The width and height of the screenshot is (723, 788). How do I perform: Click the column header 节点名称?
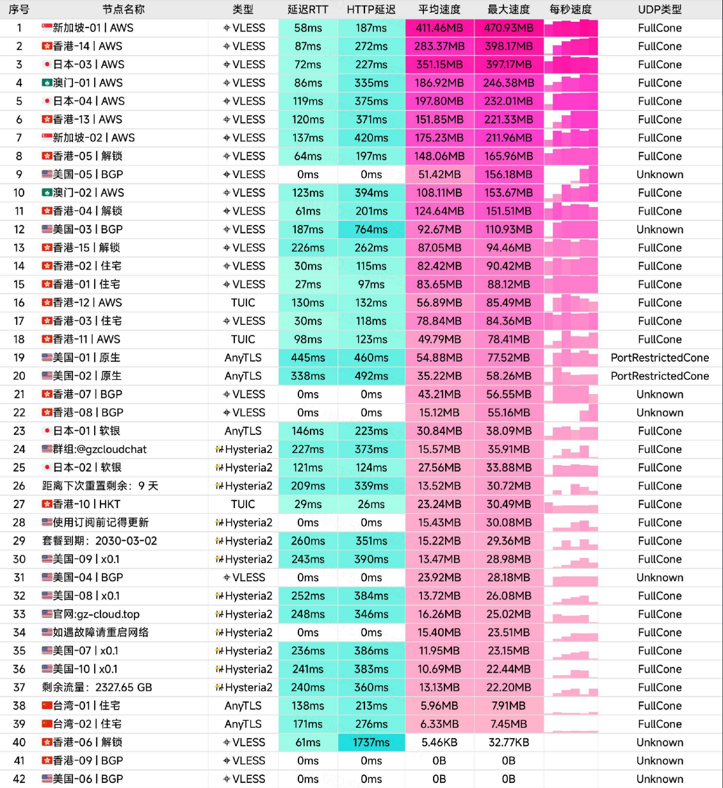pyautogui.click(x=124, y=10)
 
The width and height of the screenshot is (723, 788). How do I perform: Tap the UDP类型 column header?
pyautogui.click(x=660, y=10)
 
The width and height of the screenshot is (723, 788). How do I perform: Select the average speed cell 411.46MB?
pyautogui.click(x=439, y=28)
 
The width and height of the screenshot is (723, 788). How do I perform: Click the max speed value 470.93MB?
pyautogui.click(x=508, y=28)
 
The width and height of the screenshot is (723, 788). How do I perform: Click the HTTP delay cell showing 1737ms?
pyautogui.click(x=371, y=743)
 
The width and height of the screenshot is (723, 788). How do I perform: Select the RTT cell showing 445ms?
pyautogui.click(x=308, y=358)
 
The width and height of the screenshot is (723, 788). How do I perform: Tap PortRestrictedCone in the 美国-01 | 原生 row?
pyautogui.click(x=660, y=358)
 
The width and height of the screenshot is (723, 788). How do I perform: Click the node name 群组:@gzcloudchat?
pyautogui.click(x=99, y=449)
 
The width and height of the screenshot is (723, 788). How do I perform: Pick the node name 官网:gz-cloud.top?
pyautogui.click(x=96, y=614)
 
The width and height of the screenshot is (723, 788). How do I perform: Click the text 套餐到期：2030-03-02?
pyautogui.click(x=99, y=541)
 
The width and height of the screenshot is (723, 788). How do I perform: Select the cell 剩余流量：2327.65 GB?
pyautogui.click(x=97, y=687)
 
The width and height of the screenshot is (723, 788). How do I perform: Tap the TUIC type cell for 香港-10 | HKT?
pyautogui.click(x=243, y=504)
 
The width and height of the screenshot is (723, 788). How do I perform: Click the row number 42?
pyautogui.click(x=19, y=779)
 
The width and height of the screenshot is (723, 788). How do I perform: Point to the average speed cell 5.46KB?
pyautogui.click(x=439, y=743)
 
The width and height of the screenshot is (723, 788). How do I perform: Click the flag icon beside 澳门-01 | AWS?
pyautogui.click(x=47, y=83)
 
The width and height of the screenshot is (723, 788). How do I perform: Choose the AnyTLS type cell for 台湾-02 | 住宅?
pyautogui.click(x=243, y=724)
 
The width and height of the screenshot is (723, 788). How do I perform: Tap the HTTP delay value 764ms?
pyautogui.click(x=371, y=229)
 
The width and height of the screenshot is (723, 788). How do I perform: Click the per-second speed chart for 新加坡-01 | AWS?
pyautogui.click(x=571, y=28)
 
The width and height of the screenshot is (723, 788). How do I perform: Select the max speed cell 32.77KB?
pyautogui.click(x=508, y=743)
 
